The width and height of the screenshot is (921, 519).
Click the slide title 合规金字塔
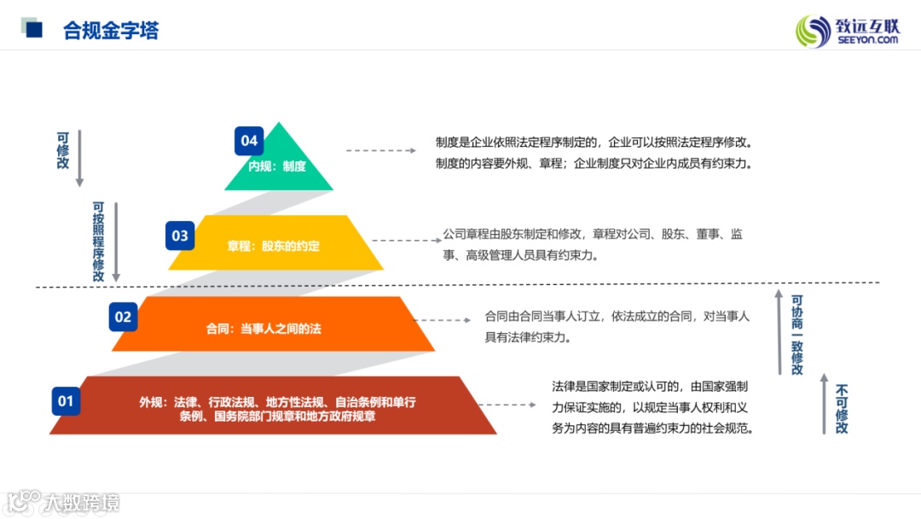111,31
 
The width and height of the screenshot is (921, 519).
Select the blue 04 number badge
249,141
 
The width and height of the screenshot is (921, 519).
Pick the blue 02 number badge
124,318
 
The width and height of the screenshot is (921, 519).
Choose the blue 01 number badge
66,400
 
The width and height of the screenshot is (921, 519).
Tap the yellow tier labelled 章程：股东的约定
273,246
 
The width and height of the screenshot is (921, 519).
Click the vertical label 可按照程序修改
99,242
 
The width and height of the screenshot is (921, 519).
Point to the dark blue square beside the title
34,30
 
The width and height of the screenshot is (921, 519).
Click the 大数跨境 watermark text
82,503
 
